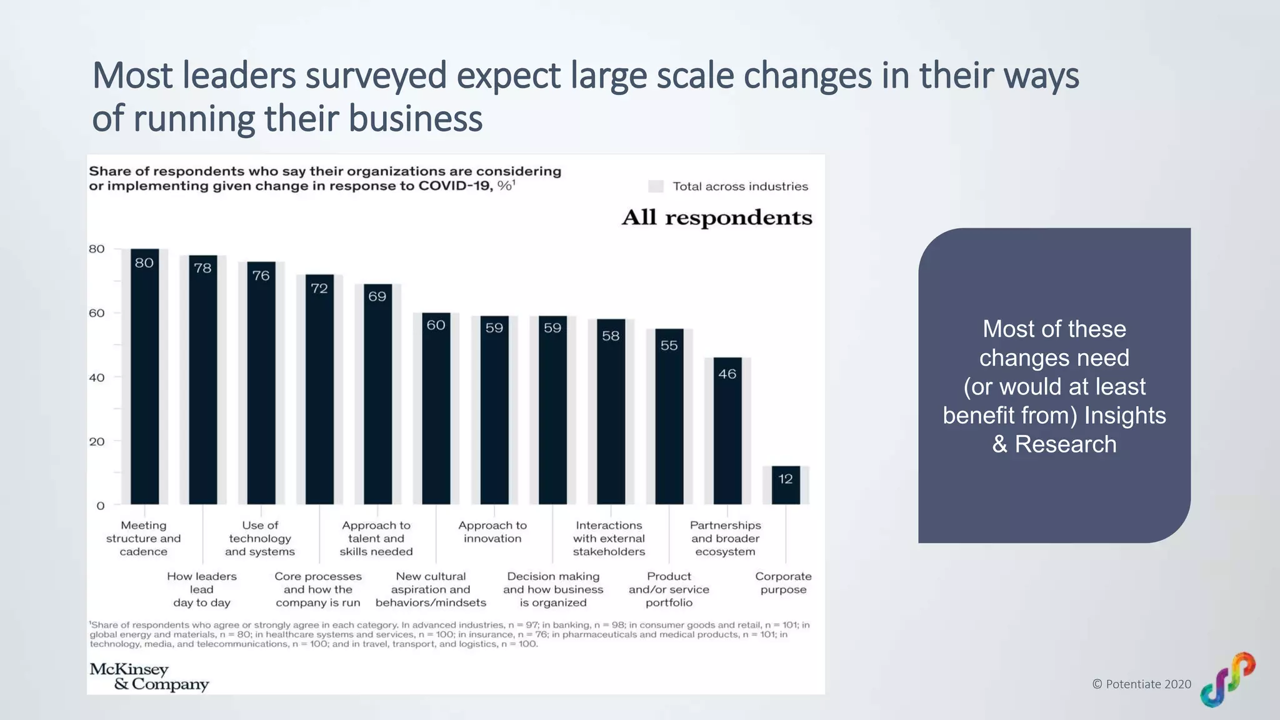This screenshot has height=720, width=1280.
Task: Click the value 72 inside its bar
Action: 319,289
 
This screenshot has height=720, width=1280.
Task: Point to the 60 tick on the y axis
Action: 97,313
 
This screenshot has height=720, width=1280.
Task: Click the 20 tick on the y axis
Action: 97,442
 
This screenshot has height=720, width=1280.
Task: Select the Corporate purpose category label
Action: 783,583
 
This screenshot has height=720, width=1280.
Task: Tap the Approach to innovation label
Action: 492,532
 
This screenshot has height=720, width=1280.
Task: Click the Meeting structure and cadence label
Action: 143,538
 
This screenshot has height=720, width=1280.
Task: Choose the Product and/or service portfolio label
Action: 669,589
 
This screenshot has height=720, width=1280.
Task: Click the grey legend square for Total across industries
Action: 656,186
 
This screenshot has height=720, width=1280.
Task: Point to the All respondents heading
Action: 717,217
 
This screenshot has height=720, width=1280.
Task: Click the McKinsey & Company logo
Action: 149,677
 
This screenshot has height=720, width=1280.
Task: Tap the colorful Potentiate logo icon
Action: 1227,679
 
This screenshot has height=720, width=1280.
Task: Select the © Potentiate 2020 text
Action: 1141,684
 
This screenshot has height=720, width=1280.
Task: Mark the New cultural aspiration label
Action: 431,589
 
